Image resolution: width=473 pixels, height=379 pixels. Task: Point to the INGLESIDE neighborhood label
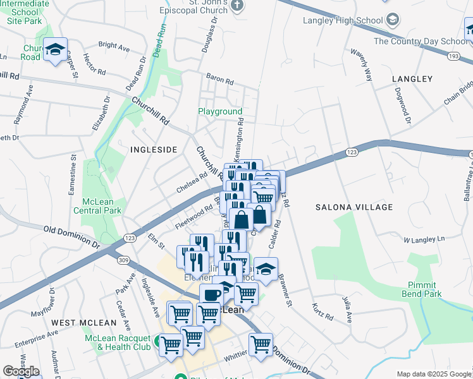[153, 150]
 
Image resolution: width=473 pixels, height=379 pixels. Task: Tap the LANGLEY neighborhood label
[412, 79]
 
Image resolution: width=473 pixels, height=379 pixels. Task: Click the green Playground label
[220, 112]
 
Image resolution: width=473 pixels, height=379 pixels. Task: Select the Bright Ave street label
[114, 46]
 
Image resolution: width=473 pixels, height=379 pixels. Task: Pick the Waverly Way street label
[362, 63]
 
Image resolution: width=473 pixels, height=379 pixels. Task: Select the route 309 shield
[123, 260]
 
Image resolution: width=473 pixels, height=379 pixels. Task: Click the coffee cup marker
[212, 294]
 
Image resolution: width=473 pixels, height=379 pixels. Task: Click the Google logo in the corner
[21, 371]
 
